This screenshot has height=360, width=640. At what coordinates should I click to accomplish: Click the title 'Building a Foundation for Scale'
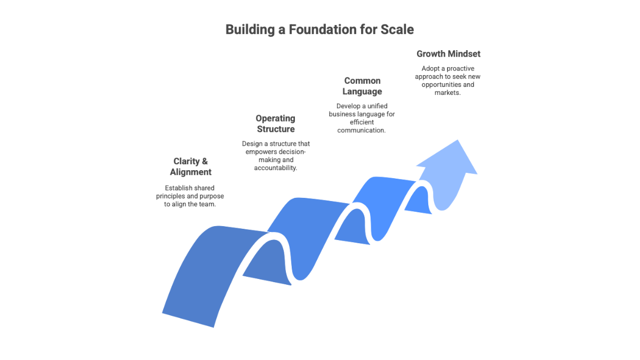[319, 29]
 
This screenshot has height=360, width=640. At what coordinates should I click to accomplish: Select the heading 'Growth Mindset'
[448, 54]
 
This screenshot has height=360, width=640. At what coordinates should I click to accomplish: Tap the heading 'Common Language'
[362, 86]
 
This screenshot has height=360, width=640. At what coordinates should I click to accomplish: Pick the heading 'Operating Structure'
[276, 124]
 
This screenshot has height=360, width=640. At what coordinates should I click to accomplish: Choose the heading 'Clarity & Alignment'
[190, 166]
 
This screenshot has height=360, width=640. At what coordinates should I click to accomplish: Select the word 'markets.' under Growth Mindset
[447, 93]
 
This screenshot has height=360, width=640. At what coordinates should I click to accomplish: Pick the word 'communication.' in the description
[362, 130]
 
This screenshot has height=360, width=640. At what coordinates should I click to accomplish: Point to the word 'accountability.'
[276, 167]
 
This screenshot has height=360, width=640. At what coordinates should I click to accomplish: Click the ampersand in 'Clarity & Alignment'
[205, 161]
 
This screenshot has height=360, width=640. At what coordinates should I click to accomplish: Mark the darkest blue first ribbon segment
[208, 272]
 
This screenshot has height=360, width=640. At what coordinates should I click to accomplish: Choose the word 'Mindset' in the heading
[464, 54]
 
